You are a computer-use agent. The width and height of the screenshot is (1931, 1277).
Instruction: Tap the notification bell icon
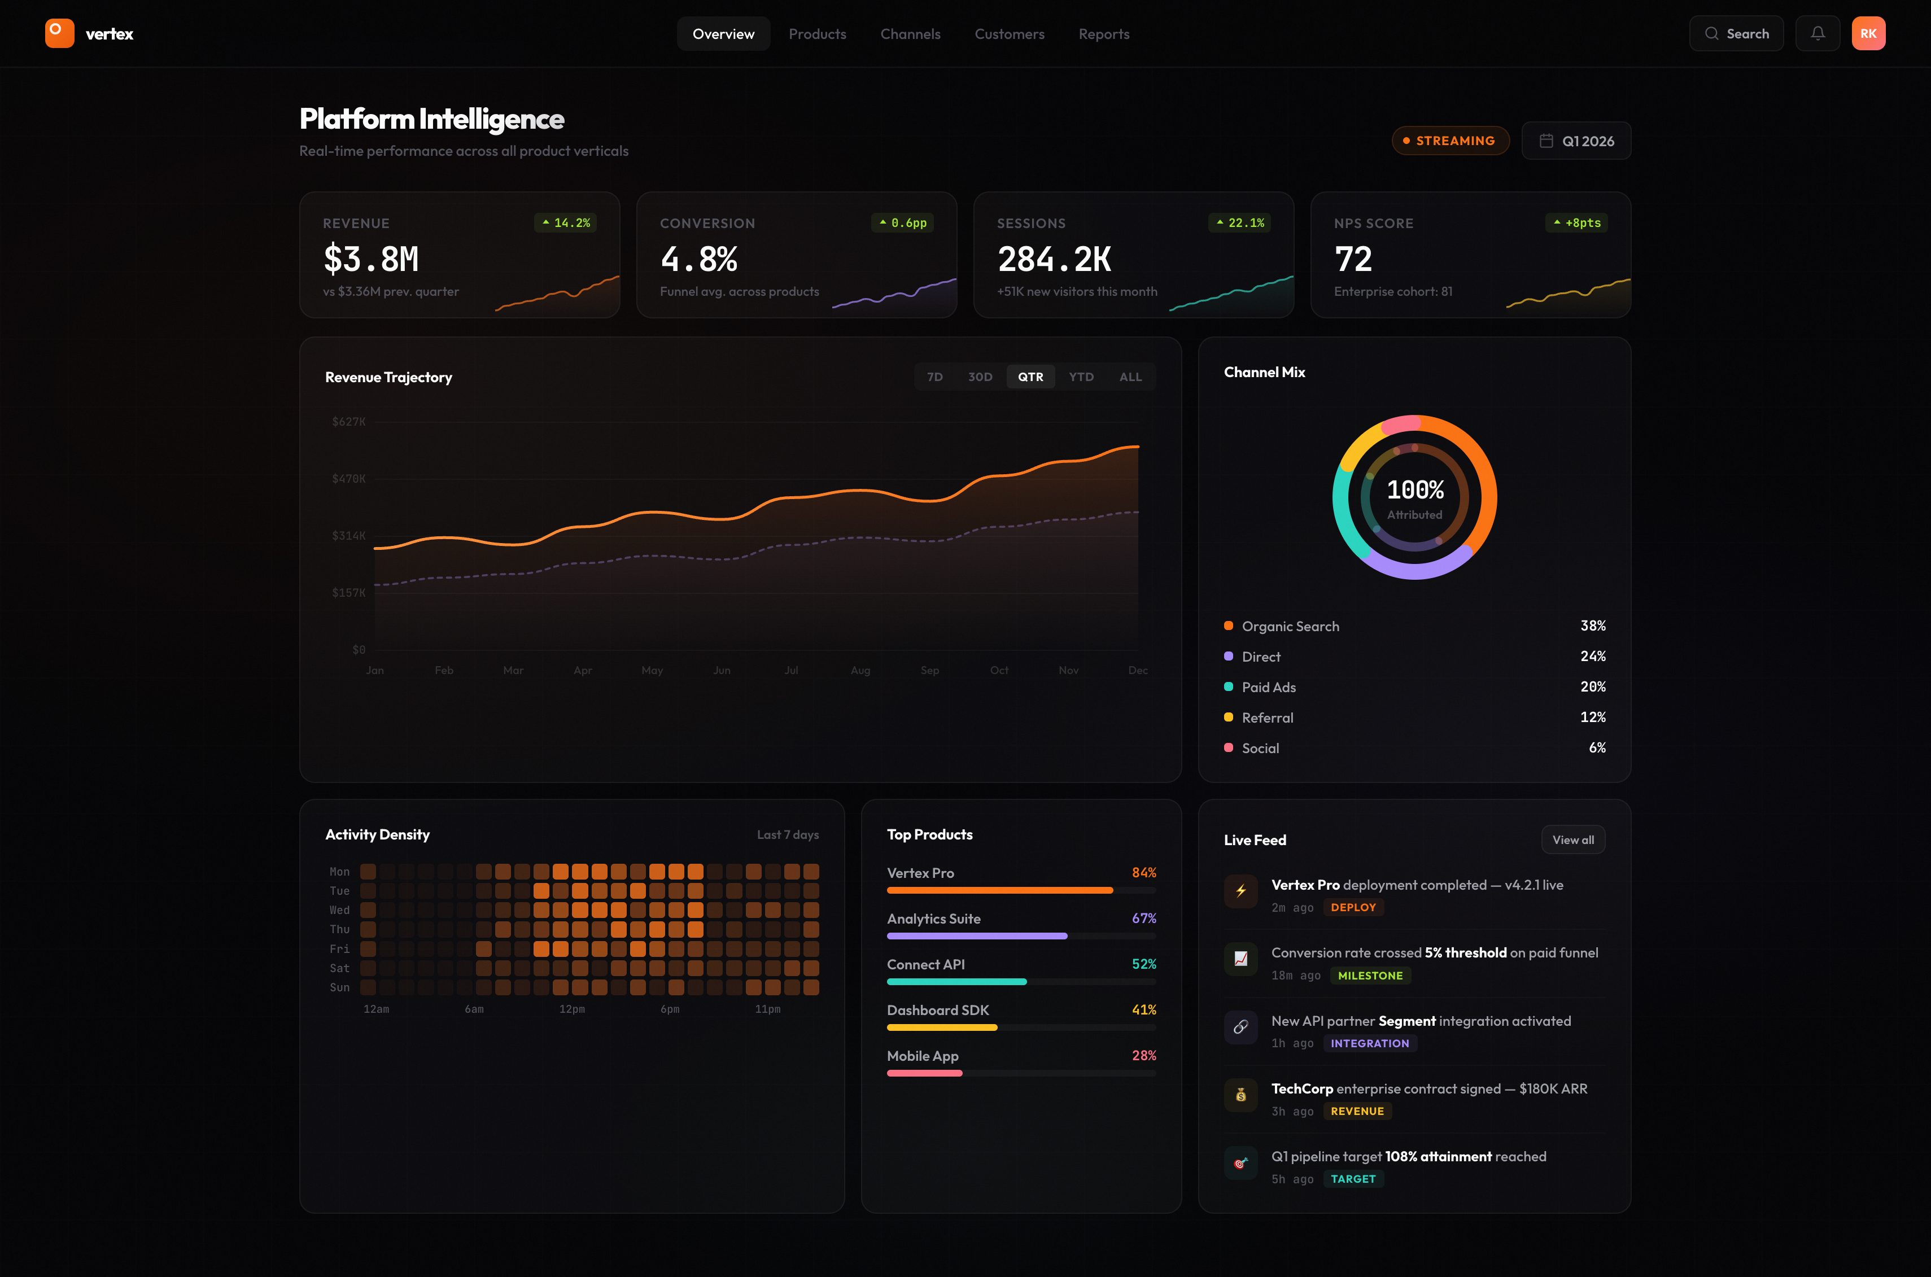point(1817,33)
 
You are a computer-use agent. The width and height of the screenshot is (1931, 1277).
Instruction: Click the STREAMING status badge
point(1450,141)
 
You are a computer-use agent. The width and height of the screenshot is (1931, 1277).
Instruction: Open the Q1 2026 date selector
point(1576,141)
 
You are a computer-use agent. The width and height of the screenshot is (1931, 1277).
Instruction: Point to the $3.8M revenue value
point(372,259)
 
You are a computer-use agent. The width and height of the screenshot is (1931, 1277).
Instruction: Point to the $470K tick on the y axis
point(348,479)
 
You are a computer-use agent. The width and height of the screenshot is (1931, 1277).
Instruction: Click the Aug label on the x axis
point(860,670)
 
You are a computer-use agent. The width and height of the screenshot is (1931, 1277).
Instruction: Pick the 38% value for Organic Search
point(1592,626)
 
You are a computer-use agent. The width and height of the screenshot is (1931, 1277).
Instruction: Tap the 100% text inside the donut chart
point(1414,489)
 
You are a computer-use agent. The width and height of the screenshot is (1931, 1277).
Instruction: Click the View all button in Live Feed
point(1572,839)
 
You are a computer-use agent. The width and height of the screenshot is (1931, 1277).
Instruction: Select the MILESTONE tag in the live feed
point(1370,976)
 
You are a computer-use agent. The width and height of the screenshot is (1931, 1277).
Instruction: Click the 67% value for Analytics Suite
point(1143,918)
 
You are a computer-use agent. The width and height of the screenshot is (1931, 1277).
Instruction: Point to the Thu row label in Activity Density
point(339,929)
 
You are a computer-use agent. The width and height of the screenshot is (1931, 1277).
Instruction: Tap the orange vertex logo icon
point(59,33)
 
